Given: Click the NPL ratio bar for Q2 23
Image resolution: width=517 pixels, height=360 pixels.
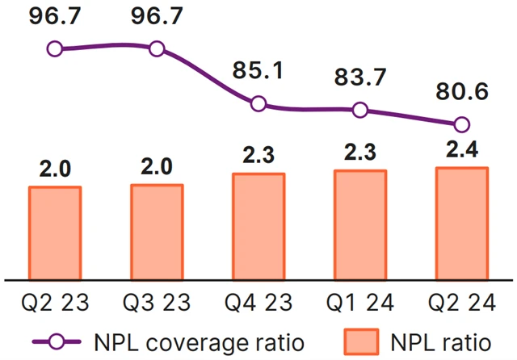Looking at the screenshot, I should click(55, 233).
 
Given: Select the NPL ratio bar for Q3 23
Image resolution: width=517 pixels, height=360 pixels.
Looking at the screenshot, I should click(157, 232).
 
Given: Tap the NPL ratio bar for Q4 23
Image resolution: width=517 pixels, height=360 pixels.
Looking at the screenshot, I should click(258, 227).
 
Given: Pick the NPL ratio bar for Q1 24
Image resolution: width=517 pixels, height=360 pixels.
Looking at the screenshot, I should click(360, 225).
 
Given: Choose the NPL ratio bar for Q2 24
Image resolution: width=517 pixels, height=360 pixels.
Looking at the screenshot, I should click(462, 224).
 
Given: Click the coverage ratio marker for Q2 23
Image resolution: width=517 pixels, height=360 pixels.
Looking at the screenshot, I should click(55, 49).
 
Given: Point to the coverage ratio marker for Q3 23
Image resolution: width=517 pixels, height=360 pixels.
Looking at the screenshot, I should click(157, 48).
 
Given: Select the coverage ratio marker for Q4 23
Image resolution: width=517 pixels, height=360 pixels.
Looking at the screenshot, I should click(258, 103).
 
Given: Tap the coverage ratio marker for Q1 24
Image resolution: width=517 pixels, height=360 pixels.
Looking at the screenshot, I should click(360, 110).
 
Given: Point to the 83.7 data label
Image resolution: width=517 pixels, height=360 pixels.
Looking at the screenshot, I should click(360, 78).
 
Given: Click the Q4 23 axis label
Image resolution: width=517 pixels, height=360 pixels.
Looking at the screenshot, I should click(258, 304).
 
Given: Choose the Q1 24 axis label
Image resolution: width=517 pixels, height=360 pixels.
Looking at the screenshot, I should click(360, 304).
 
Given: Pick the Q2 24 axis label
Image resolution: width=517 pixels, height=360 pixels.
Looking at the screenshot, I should click(462, 304).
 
